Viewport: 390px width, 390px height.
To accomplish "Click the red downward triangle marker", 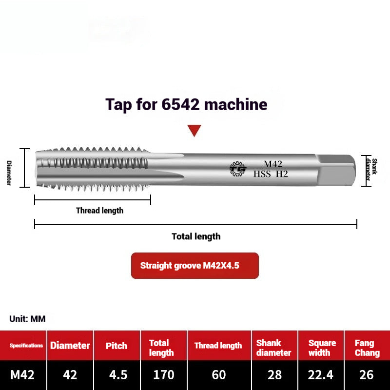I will point(195,130).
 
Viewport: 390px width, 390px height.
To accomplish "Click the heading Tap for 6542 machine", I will point(186,104).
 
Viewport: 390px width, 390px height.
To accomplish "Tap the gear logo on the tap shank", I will point(238,169).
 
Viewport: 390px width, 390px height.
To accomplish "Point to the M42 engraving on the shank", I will point(273,164).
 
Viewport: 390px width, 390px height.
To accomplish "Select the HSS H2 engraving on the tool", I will point(271,174).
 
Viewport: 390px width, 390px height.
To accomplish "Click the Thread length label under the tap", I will point(99,211).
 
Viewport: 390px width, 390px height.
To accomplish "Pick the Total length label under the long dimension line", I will point(196,236).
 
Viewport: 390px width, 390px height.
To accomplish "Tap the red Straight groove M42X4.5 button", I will point(195,266).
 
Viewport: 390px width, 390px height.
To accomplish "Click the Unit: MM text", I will point(27,319).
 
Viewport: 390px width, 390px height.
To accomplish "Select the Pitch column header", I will point(117,346).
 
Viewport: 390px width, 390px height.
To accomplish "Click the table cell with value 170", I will point(163,374).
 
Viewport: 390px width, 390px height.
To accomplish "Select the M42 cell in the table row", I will point(22,374).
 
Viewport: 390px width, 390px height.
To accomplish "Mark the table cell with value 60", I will point(219,374).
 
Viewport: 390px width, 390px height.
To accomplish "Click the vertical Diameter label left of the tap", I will point(9,173).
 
